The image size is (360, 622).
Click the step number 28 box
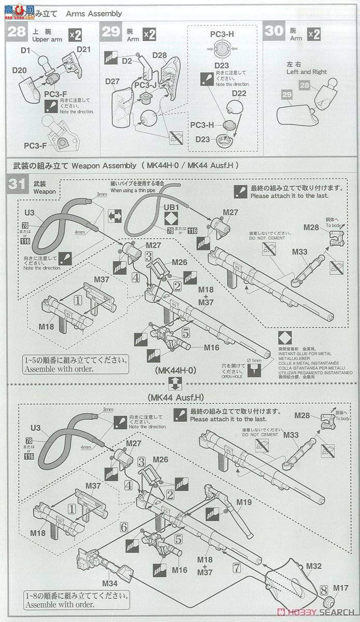pyautogui.click(x=17, y=31)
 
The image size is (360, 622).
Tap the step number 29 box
pyautogui.click(x=111, y=31)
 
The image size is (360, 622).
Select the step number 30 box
pyautogui.click(x=273, y=31)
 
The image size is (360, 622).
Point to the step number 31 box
pyautogui.click(x=17, y=185)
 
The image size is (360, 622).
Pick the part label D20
pyautogui.click(x=20, y=70)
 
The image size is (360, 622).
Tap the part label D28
pyautogui.click(x=160, y=55)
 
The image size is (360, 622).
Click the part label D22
pyautogui.click(x=239, y=93)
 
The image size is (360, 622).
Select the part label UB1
pyautogui.click(x=171, y=206)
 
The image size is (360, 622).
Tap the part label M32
pyautogui.click(x=314, y=566)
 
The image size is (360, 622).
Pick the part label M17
pyautogui.click(x=340, y=588)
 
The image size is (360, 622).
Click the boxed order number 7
pyautogui.click(x=237, y=568)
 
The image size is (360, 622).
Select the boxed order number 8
pyautogui.click(x=323, y=589)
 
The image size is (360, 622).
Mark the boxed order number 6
pyautogui.click(x=124, y=527)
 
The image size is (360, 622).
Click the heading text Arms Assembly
pyautogui.click(x=94, y=13)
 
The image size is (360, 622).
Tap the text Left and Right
pyautogui.click(x=307, y=72)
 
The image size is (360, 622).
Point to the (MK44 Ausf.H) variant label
pyautogui.click(x=175, y=398)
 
